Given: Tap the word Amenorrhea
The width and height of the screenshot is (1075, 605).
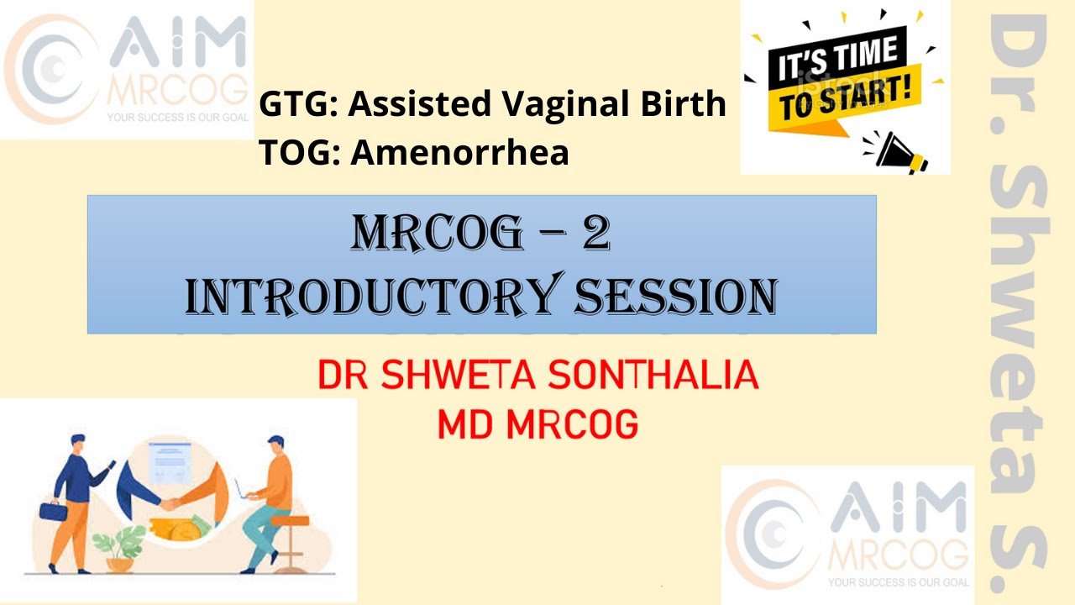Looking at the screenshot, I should point(460,153).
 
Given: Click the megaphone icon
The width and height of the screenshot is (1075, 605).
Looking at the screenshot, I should point(900,151).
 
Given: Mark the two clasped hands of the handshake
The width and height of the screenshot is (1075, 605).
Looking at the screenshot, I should point(170,503).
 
